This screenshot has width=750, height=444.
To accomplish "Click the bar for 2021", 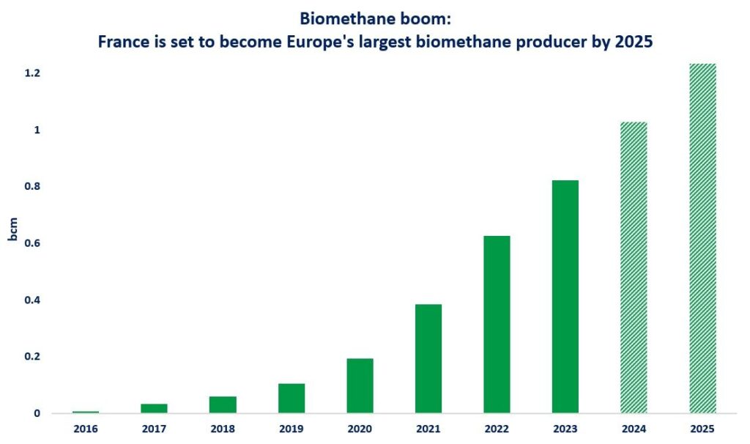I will pos(428,358).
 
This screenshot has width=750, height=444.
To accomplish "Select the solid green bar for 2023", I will pos(565,297).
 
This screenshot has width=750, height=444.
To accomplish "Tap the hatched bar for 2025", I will pos(702,239).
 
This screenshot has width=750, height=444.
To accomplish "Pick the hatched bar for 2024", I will pos(634,267).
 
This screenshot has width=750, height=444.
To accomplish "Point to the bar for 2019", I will pos(292,398).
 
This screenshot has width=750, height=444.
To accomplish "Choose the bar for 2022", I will pos(497,325).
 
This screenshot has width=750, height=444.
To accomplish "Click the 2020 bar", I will pos(360,385).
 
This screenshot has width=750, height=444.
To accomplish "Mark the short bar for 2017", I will pos(154,408).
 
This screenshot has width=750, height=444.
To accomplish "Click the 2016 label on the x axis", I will pos(86,429).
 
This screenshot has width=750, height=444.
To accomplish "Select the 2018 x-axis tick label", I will pos(223,429).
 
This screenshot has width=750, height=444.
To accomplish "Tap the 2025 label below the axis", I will pos(702,429).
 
